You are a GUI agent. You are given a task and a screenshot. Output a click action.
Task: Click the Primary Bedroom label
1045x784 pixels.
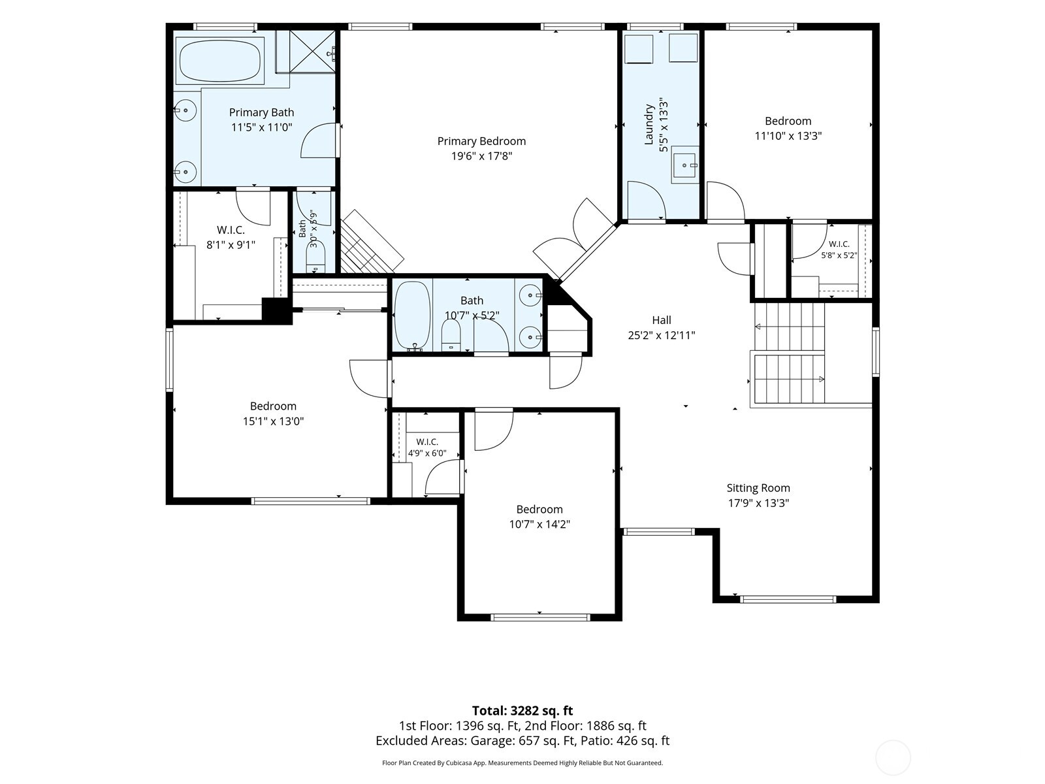pos(481,141)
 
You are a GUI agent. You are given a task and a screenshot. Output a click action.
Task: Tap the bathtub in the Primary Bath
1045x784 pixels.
pos(219,61)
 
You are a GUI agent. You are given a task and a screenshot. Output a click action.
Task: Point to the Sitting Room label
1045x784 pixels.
pos(758,488)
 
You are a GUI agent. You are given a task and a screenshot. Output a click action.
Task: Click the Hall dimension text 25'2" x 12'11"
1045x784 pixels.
pos(661,335)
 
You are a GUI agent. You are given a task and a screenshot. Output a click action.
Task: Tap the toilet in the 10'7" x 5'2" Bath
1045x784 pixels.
pos(451,335)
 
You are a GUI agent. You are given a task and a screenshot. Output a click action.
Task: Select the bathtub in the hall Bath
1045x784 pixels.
pos(412,315)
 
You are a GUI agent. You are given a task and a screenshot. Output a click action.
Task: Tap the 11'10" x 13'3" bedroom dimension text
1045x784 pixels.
pos(788,136)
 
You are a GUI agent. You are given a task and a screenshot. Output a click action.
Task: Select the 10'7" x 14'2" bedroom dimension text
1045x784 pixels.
pos(539,524)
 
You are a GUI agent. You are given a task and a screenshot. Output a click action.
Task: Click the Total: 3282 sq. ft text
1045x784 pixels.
pos(522,711)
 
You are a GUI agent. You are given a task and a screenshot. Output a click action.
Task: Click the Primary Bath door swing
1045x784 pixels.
pos(321,141)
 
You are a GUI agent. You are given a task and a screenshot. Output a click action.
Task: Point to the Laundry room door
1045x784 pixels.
pos(647,200)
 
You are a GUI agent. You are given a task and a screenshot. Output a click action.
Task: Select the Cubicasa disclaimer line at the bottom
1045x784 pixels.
pos(522,762)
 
